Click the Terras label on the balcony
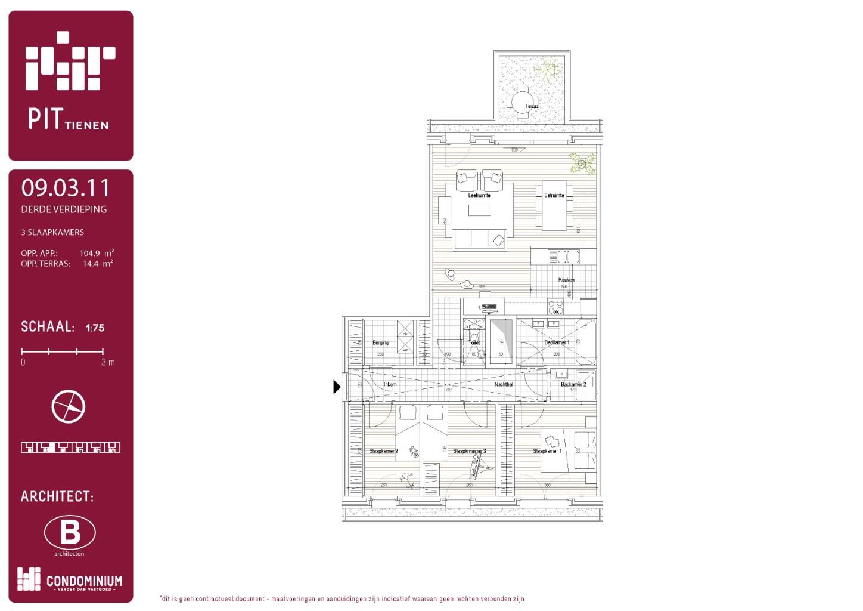pos(531,106)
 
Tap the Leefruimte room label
pos(479,195)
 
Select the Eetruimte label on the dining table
pos(554,195)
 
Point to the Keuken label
pos(566,279)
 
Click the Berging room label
pos(380,342)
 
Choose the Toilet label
pos(474,342)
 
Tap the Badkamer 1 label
pos(557,342)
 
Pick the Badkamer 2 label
pos(573,384)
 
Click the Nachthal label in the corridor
pos(504,384)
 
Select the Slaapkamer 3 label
pos(469,451)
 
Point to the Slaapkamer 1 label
pos(547,451)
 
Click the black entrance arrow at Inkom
pos(336,387)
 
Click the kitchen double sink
pos(563,257)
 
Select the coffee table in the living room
pos(479,210)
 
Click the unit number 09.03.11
pos(66,188)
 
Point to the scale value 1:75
pos(95,328)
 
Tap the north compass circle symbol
pos(69,407)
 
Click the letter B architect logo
pos(70,532)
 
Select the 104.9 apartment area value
pos(90,253)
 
